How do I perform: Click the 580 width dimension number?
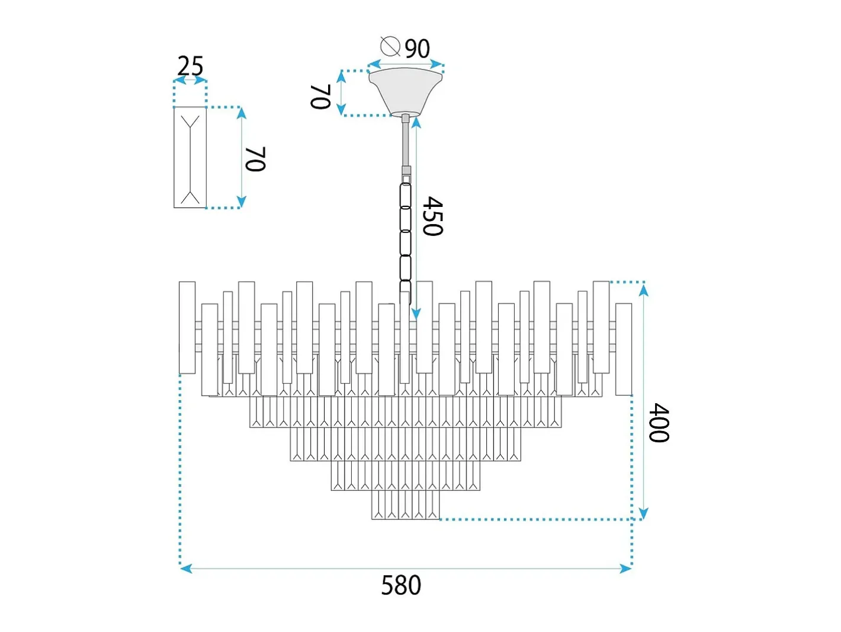[x=401, y=585]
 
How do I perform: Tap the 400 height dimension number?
[x=659, y=423]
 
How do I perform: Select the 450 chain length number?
[x=432, y=216]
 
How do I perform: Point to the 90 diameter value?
[x=418, y=49]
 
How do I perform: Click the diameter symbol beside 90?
[x=390, y=46]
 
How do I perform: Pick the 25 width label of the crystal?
[x=190, y=66]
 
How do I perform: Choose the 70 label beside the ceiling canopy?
[x=320, y=97]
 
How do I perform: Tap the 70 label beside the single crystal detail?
[x=255, y=159]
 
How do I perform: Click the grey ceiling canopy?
[x=405, y=91]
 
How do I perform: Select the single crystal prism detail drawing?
[x=190, y=157]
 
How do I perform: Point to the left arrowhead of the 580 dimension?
[x=186, y=569]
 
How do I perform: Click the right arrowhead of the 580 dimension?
[x=625, y=569]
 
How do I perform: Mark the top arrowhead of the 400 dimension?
[x=644, y=291]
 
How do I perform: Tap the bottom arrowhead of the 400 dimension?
[x=644, y=513]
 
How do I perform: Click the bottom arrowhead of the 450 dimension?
[x=416, y=314]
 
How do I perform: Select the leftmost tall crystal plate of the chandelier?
[x=187, y=327]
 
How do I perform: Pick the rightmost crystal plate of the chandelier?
[x=624, y=349]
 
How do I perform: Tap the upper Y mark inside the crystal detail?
[x=190, y=122]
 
